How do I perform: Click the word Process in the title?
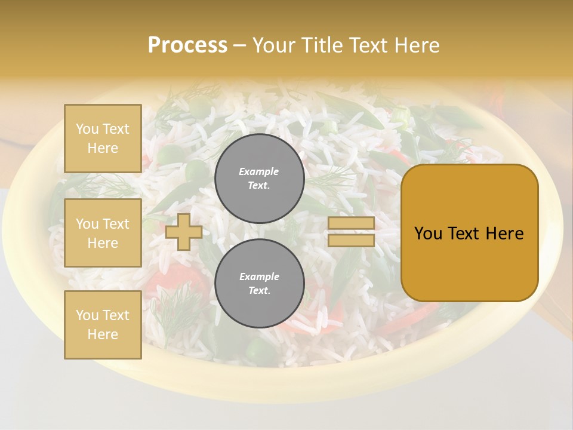tap(187, 45)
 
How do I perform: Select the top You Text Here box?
tap(103, 139)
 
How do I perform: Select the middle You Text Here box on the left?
tap(103, 233)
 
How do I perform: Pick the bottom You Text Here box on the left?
tap(103, 325)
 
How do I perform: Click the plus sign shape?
tap(184, 232)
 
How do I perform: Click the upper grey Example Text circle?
tap(259, 179)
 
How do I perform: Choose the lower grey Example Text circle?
tap(259, 284)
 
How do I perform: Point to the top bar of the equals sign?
tap(352, 223)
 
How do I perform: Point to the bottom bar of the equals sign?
tap(352, 240)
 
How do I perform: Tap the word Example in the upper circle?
tap(259, 172)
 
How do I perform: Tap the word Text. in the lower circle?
tap(259, 291)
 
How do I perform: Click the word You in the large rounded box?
tap(427, 234)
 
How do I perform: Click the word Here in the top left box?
tap(103, 148)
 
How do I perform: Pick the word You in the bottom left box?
tap(87, 315)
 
